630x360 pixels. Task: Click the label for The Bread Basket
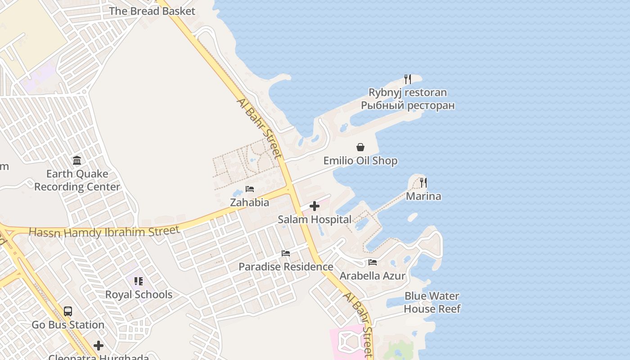152,11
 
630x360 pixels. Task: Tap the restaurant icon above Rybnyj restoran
408,79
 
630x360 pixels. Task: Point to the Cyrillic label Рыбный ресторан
408,106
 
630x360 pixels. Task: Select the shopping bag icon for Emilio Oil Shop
360,147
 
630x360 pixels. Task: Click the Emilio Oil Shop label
360,161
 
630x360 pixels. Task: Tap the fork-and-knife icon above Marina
423,183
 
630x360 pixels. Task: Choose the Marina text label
423,196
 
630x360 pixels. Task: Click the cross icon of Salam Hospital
315,207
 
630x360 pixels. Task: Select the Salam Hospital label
315,220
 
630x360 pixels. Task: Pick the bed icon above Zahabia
250,189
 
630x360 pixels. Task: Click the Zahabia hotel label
250,202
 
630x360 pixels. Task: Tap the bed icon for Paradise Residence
286,253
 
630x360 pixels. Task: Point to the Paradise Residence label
286,267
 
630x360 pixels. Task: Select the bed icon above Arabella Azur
373,262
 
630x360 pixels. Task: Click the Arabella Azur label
373,276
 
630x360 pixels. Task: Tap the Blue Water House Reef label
432,302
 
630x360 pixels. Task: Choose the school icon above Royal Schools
139,281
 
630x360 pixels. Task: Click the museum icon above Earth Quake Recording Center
77,161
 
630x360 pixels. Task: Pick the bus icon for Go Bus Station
68,311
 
